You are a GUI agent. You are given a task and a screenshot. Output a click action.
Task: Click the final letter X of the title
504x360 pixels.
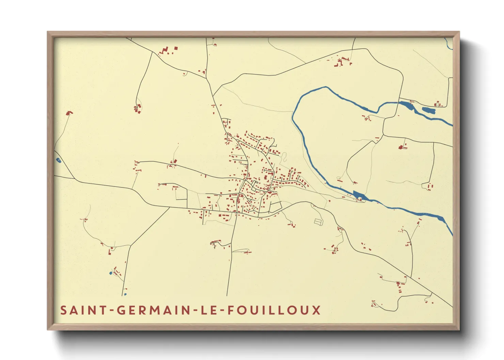[x=316, y=310]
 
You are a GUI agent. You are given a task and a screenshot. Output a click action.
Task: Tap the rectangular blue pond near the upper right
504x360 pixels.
[x=428, y=110]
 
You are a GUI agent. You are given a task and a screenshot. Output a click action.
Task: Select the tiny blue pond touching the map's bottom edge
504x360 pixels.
[x=125, y=294]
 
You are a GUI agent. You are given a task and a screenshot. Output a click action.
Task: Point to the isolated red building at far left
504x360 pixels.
[x=69, y=113]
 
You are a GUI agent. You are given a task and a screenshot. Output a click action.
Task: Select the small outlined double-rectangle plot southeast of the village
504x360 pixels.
[x=318, y=222]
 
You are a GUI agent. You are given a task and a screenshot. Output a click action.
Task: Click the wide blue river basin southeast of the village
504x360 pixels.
[x=358, y=195]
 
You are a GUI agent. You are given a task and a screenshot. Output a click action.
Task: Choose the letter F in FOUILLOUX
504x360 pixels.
[x=230, y=310]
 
